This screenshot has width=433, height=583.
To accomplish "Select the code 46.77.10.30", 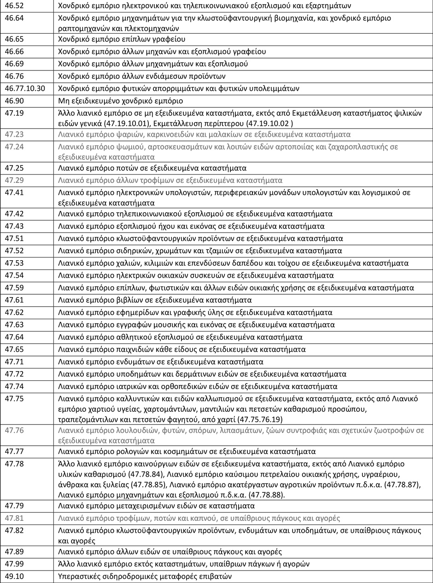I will [x=25, y=88].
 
